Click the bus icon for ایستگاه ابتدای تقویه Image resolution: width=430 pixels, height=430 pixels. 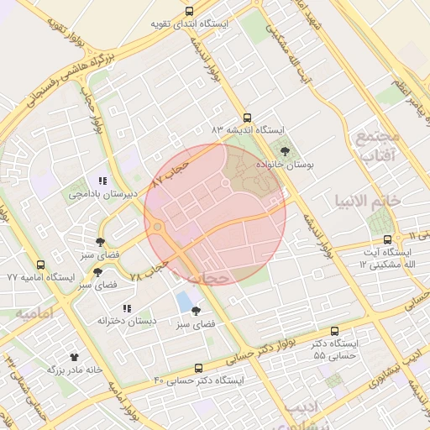coord(189,12)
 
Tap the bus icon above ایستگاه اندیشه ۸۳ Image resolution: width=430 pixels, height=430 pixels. coord(246,118)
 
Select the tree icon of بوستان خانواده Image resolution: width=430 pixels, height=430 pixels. coord(285,152)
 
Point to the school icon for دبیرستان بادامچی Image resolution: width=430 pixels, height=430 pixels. coord(102,181)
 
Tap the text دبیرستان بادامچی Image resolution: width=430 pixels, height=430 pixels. coord(102,194)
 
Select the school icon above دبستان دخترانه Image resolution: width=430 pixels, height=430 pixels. coord(127,308)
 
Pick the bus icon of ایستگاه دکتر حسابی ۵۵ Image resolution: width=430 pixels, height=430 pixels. coord(335,332)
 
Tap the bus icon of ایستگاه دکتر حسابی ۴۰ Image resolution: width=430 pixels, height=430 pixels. coord(198,368)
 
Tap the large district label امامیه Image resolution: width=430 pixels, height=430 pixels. coord(34,312)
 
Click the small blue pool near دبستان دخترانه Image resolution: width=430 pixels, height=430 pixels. coord(184,302)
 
